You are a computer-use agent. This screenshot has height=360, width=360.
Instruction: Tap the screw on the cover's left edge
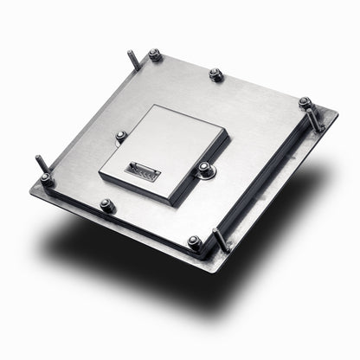(121, 135)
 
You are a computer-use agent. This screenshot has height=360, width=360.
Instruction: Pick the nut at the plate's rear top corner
(154, 55)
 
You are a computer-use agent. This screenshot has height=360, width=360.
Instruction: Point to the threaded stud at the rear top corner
(133, 61)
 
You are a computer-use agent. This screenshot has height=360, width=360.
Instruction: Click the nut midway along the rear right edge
(216, 75)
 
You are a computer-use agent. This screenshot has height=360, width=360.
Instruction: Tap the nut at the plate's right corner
(305, 103)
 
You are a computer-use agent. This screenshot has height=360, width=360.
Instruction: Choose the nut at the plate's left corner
(47, 179)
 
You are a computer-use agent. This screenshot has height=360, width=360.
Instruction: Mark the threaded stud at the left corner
(41, 164)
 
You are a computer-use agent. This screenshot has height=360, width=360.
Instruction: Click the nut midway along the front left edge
(106, 205)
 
